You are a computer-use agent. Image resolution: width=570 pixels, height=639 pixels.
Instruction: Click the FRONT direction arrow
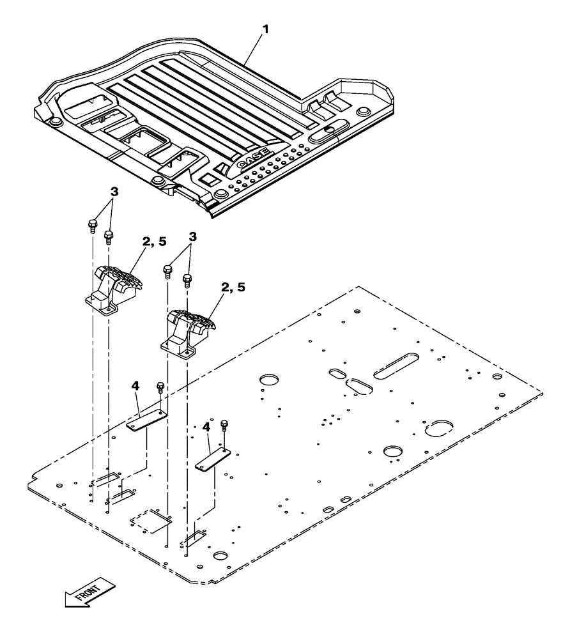click(x=89, y=592)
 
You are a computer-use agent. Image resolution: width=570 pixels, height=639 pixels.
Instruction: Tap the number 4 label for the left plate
click(x=135, y=387)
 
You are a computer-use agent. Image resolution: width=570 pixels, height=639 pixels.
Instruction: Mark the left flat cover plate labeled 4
click(x=146, y=420)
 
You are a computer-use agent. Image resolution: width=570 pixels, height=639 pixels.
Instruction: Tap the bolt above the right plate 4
click(x=224, y=425)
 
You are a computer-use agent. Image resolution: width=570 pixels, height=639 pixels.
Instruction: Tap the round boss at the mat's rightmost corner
click(x=365, y=112)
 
